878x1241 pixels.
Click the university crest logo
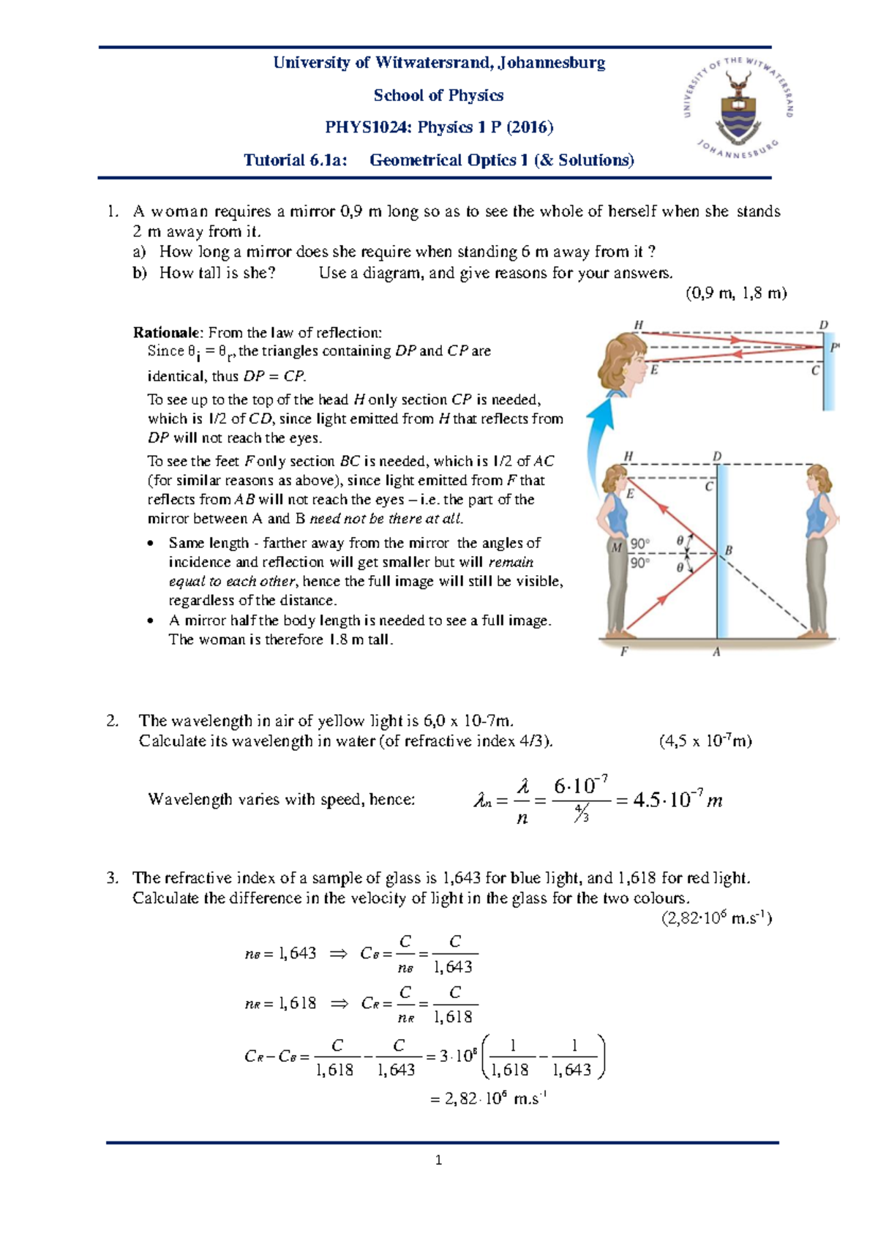(738, 107)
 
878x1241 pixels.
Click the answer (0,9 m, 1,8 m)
(735, 293)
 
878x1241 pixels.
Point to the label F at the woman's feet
(624, 651)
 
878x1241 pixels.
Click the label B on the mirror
(729, 550)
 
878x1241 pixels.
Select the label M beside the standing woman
(617, 547)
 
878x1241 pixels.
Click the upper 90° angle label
(639, 544)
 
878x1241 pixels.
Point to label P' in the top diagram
(835, 349)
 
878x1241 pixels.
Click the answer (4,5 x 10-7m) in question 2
(705, 741)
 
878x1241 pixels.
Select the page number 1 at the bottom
(438, 1160)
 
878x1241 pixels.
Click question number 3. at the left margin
(111, 878)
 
